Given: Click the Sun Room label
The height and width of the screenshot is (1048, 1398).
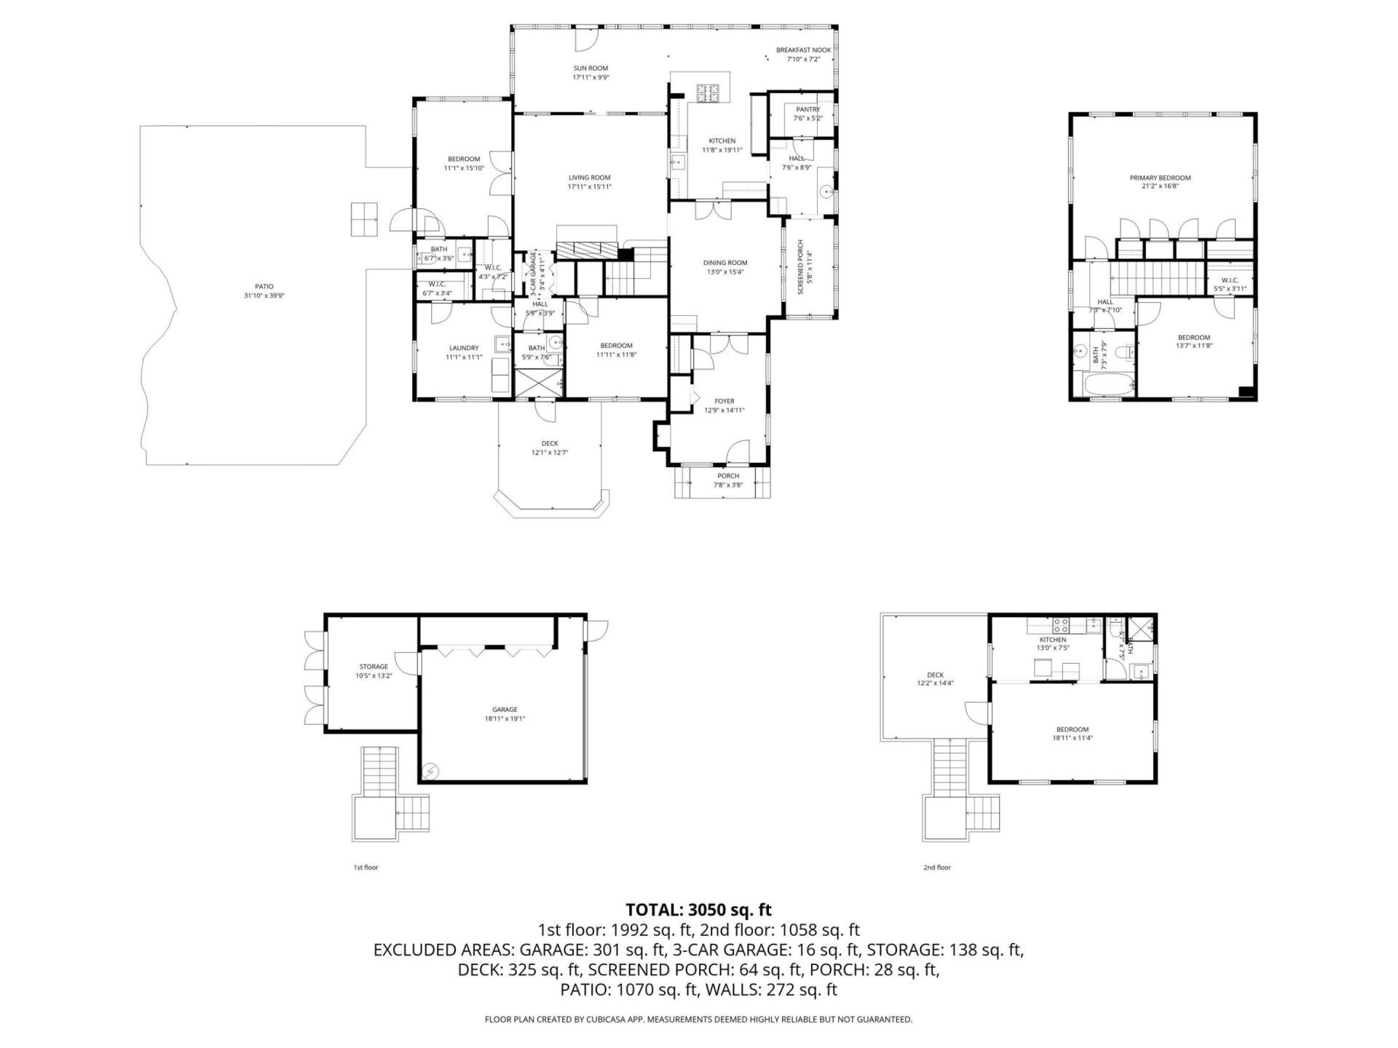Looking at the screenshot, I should [x=590, y=68].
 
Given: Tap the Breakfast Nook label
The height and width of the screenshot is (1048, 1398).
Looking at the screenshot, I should [x=803, y=50].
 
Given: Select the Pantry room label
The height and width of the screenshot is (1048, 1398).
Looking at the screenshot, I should [x=807, y=110].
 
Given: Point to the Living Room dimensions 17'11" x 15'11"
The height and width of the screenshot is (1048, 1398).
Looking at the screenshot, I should [x=589, y=187].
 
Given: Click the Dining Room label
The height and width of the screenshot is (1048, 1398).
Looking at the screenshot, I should [x=724, y=263].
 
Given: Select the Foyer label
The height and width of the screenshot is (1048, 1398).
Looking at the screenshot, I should [x=724, y=401].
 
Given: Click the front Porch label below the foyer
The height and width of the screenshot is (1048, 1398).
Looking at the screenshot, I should [x=727, y=476].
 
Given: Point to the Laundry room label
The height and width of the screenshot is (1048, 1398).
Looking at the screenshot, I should [x=463, y=348].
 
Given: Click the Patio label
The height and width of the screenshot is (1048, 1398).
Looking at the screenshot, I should [x=264, y=287].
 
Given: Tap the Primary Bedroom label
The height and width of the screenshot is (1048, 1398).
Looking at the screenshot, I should [x=1160, y=178].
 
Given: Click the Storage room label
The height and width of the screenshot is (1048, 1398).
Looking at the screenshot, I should [x=374, y=667].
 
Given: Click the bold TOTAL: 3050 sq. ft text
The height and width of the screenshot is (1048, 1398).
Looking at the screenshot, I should [x=698, y=910].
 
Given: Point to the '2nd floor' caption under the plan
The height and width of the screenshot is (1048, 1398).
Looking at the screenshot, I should [x=936, y=868].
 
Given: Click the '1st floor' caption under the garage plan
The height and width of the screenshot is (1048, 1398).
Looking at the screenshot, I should [x=366, y=868].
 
